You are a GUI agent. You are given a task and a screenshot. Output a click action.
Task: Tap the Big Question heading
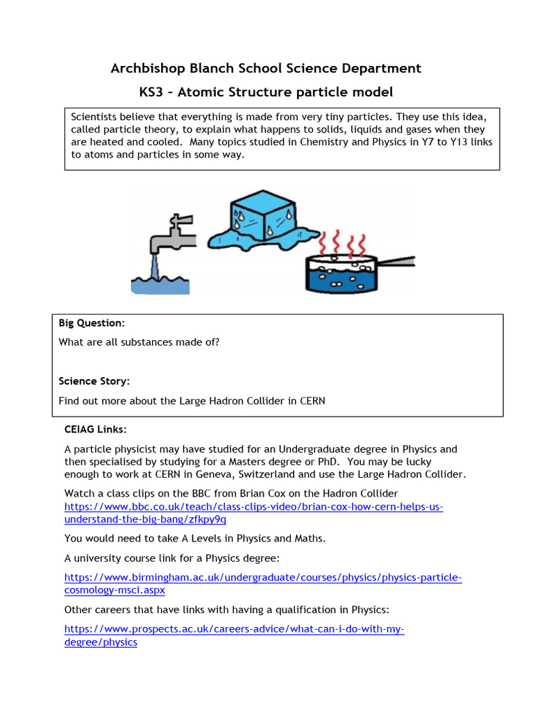92,323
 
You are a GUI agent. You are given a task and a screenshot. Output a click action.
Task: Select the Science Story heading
94,381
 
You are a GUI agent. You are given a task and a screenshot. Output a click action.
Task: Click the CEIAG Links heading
95,430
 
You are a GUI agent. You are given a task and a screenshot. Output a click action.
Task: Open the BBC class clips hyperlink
253,507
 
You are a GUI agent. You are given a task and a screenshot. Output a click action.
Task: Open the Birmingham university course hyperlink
262,578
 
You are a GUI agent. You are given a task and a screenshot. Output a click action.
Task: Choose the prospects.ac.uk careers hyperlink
234,629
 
